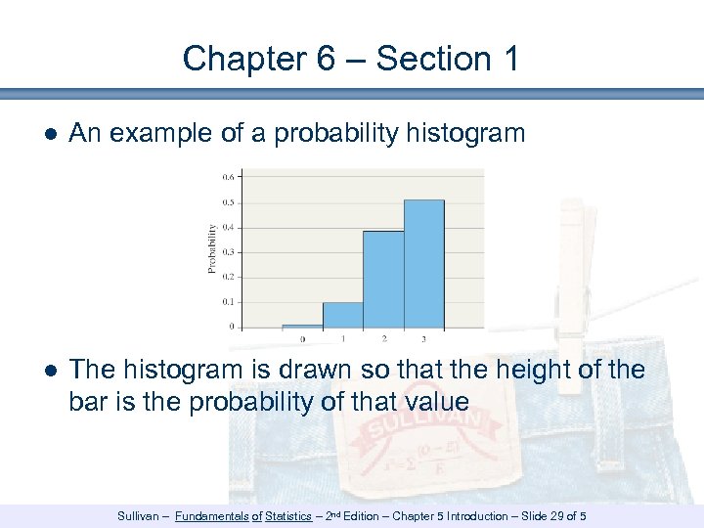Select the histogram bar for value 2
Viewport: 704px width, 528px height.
point(383,280)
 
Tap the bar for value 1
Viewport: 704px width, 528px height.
point(343,315)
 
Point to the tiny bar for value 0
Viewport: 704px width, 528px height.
point(302,326)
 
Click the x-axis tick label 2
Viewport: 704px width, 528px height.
point(383,338)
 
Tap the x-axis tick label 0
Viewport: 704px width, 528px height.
point(302,338)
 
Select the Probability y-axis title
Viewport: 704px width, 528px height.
point(211,249)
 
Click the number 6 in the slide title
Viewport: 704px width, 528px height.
point(326,59)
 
